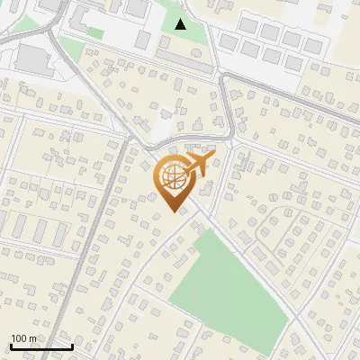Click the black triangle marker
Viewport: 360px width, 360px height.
click(x=181, y=24)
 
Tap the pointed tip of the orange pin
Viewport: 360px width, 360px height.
click(x=171, y=212)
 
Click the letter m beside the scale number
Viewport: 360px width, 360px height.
click(x=33, y=338)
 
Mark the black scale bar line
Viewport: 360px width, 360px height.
click(x=40, y=346)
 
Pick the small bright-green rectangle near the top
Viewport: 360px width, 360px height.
click(x=94, y=33)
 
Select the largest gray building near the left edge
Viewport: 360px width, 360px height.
click(x=32, y=59)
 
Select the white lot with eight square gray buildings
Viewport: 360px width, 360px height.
click(x=270, y=40)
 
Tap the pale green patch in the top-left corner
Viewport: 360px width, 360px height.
click(x=25, y=22)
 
